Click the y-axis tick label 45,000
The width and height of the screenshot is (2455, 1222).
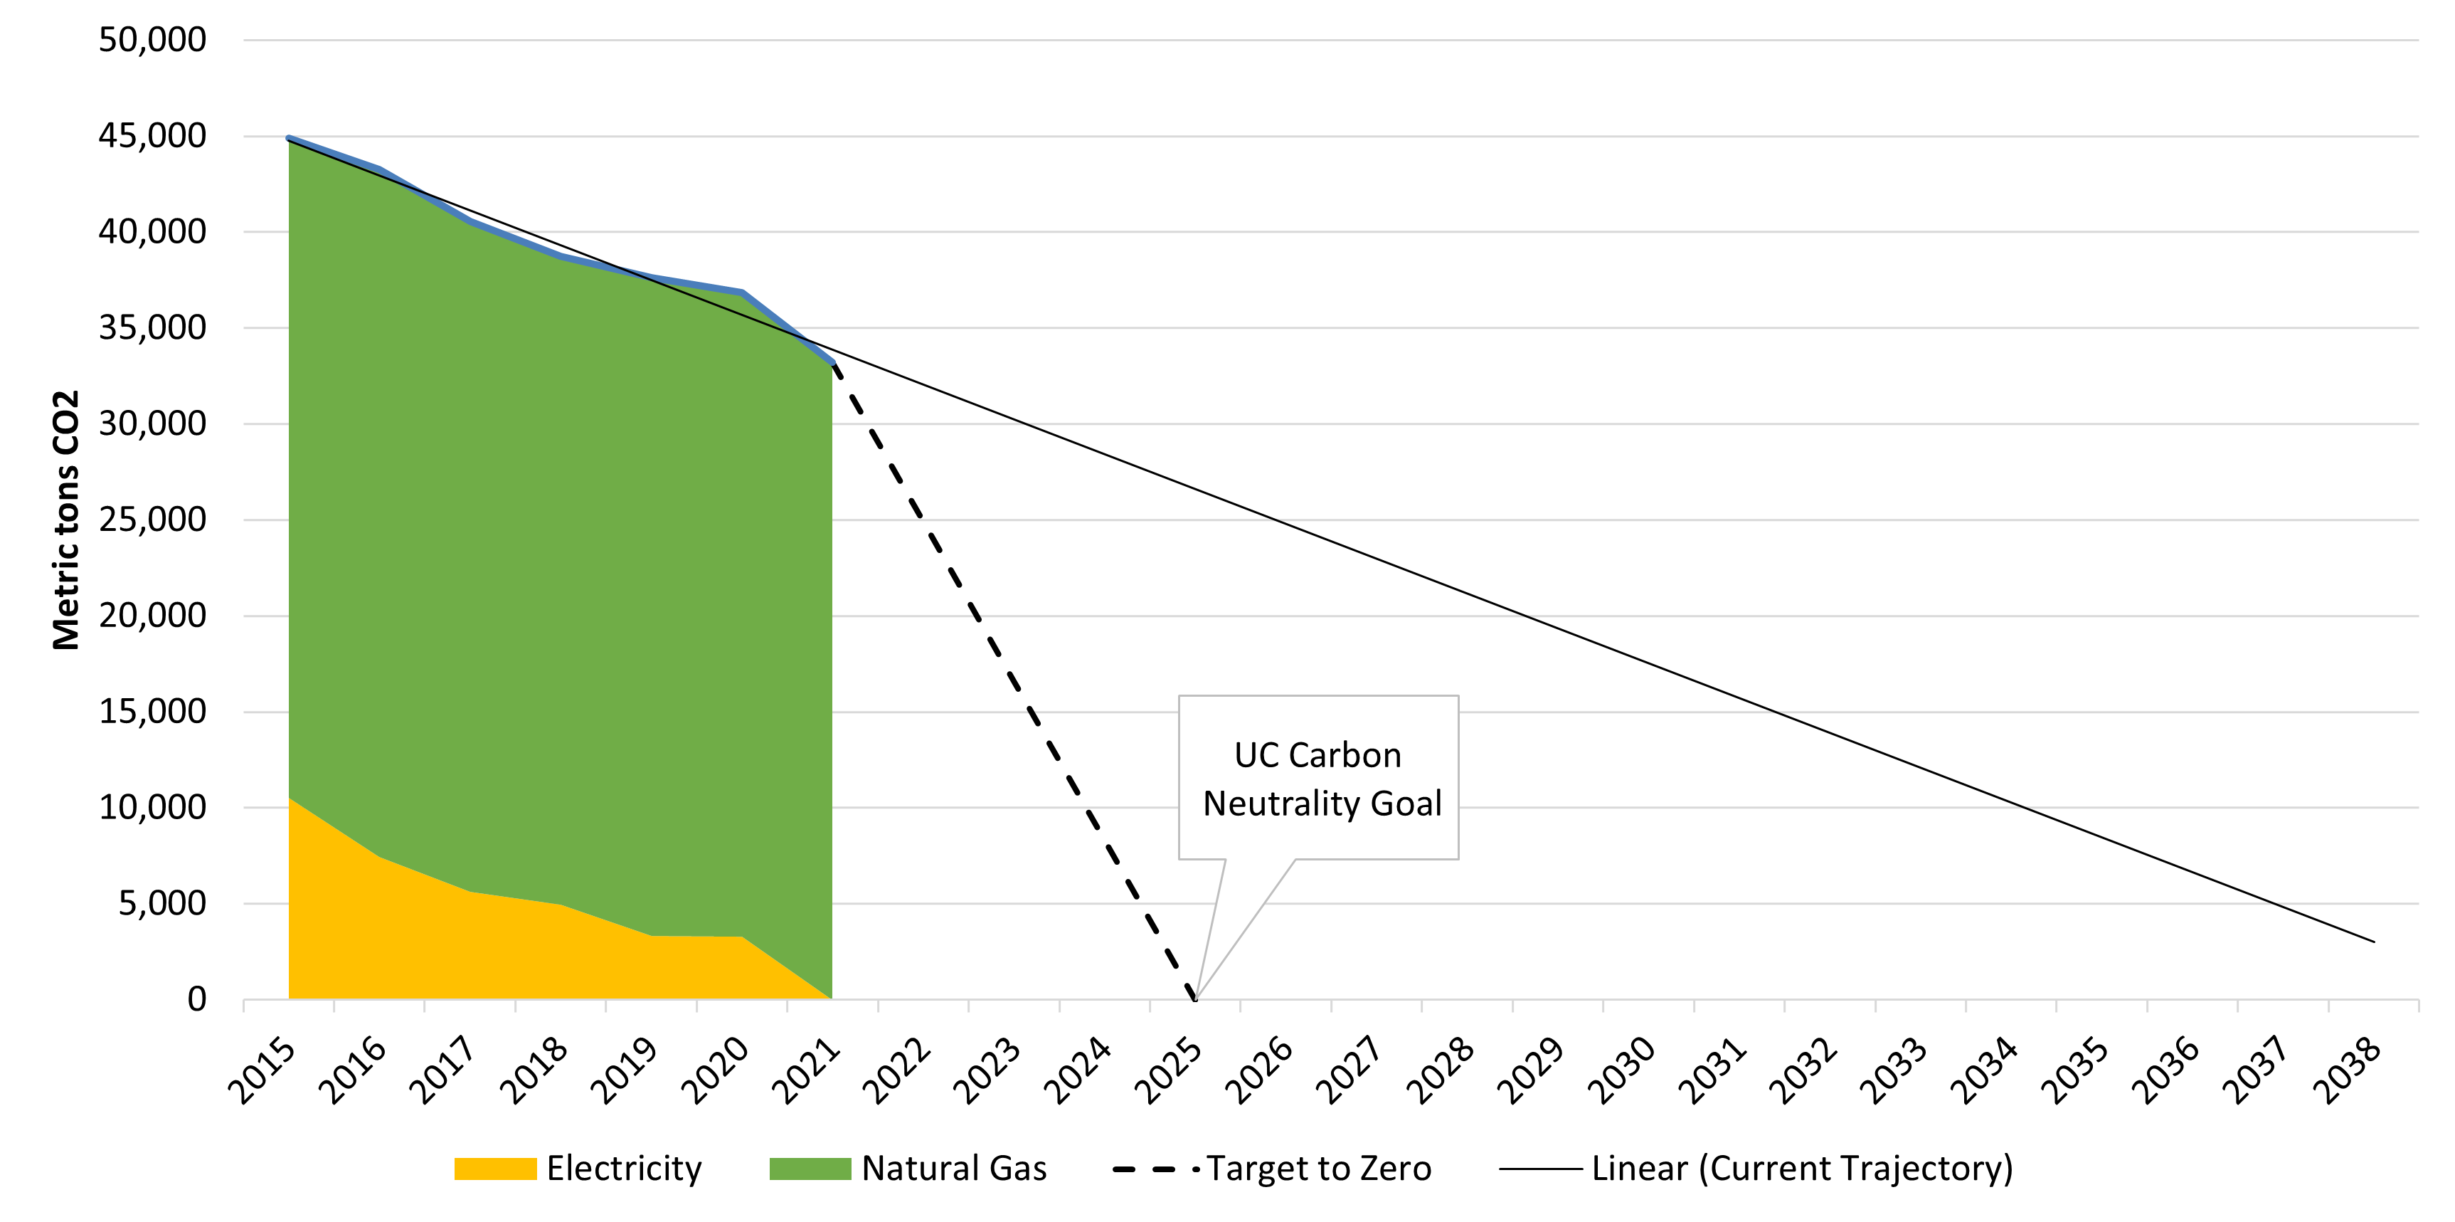(152, 137)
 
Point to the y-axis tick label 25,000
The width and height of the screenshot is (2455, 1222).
(152, 520)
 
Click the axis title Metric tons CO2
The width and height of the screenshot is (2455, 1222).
(65, 520)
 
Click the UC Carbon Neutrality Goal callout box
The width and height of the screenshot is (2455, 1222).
(1318, 778)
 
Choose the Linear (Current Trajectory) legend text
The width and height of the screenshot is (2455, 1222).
(1801, 1169)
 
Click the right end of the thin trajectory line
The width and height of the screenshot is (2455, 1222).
(2373, 942)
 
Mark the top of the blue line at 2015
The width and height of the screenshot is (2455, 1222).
(289, 138)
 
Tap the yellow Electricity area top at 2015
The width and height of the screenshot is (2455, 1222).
(290, 799)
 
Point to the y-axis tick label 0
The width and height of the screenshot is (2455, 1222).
(196, 1000)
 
